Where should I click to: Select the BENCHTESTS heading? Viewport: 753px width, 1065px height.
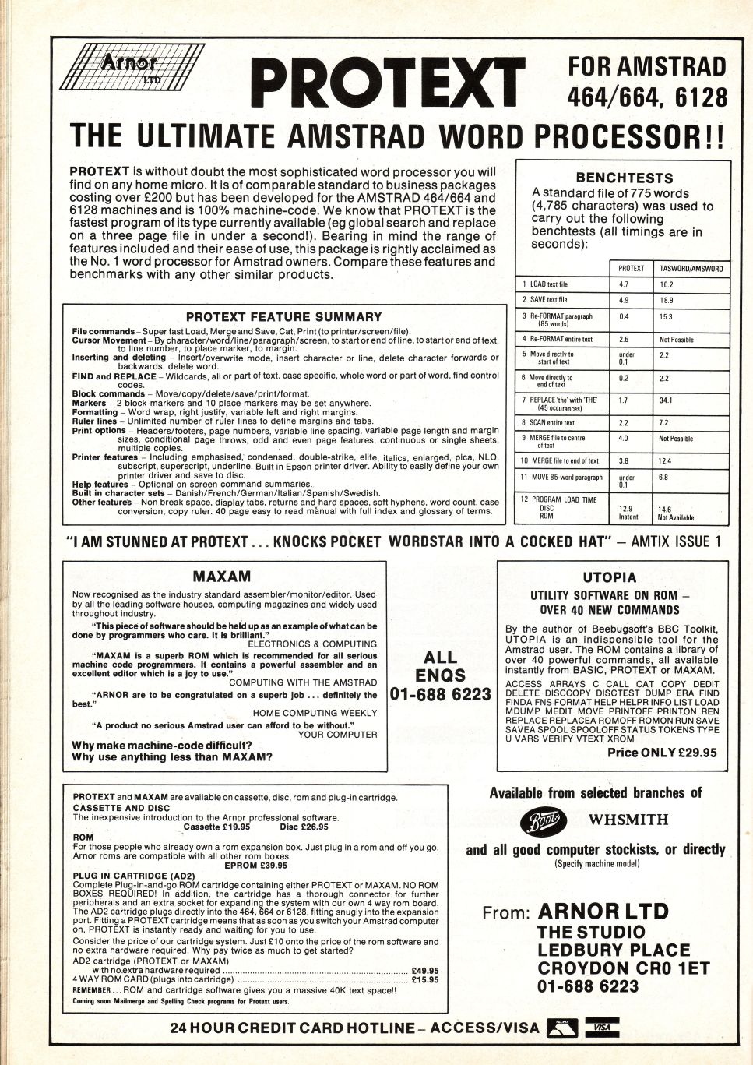624,178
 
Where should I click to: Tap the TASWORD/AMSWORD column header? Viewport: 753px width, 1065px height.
691,269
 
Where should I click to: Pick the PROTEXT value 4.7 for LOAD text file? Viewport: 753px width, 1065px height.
624,284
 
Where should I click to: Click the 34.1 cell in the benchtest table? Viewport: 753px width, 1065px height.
666,400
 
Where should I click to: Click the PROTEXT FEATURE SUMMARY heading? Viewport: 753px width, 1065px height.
283,316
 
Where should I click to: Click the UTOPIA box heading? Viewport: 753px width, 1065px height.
609,577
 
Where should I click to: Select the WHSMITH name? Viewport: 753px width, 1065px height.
628,820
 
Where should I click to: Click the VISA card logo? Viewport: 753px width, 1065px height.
601,1028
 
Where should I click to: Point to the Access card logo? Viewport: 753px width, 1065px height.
561,1028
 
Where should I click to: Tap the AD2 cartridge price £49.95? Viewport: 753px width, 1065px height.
424,970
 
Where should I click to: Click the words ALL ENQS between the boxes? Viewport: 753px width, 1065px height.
440,666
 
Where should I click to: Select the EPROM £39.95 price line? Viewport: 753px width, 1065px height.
255,865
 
